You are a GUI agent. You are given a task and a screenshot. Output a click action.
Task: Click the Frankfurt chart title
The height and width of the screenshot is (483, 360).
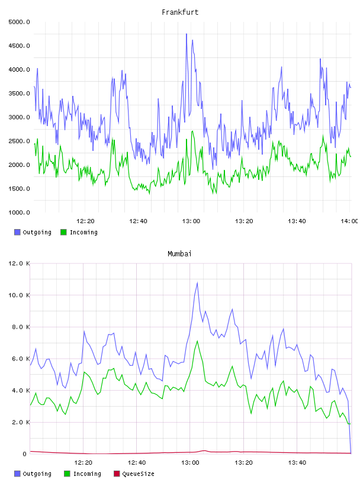coord(180,12)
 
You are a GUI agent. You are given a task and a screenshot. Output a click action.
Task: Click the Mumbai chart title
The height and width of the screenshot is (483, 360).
coord(179,254)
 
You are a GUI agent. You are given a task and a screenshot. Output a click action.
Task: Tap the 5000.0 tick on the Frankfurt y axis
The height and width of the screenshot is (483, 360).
coord(19,22)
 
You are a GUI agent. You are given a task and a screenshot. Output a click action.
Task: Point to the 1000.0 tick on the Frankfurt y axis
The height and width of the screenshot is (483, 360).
coord(19,212)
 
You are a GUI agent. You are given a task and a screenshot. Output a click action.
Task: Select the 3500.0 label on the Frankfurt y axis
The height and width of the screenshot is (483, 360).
coord(19,94)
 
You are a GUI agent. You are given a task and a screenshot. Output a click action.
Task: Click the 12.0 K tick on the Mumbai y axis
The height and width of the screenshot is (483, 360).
coord(19,263)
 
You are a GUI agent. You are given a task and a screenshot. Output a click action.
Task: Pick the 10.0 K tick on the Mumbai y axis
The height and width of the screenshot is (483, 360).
coord(19,295)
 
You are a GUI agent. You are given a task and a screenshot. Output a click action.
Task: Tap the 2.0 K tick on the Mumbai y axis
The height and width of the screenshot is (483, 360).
coord(21,422)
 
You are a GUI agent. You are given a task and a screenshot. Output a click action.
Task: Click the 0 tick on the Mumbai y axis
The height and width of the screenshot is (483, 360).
coord(24,454)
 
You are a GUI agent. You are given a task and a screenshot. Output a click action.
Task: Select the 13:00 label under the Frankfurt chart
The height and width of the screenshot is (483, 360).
coord(191,221)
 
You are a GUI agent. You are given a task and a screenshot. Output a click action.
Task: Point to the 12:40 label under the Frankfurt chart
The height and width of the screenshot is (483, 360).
coord(138,221)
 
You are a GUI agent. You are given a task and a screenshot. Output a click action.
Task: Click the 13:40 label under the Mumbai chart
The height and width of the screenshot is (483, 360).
coord(297,463)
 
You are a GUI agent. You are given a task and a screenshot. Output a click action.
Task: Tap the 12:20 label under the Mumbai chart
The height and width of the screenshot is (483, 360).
coord(83,463)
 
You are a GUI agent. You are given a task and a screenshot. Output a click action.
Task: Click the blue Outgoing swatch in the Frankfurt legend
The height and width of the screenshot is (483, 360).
coord(17,232)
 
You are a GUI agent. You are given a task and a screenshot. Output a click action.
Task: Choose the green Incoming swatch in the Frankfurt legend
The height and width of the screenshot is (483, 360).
coord(63,232)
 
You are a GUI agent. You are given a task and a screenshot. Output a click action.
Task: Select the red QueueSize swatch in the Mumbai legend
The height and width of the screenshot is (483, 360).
coord(117,474)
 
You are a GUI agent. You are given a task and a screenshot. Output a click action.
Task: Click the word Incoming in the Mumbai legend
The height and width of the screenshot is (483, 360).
coord(87,474)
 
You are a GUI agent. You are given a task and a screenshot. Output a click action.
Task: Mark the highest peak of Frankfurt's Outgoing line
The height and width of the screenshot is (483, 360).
coord(187,34)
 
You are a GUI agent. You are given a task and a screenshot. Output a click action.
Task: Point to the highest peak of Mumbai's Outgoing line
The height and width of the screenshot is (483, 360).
coord(197,282)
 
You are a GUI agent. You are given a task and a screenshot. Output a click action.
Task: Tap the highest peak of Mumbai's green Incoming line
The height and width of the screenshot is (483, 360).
coord(197,341)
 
